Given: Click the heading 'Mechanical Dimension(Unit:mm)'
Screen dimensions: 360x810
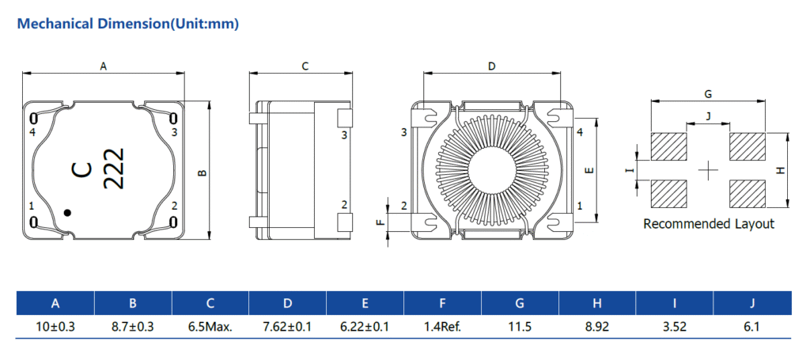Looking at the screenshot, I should [127, 24].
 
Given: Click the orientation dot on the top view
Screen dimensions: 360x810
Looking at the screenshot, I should [68, 212].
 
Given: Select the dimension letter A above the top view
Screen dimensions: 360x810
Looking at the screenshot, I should [103, 67].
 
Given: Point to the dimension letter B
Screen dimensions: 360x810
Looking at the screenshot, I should [202, 171].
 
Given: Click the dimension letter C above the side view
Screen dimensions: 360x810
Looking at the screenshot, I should [305, 67].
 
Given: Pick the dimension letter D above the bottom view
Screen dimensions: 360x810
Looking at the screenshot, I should [491, 67].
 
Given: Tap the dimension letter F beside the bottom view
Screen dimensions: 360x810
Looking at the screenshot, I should [379, 223].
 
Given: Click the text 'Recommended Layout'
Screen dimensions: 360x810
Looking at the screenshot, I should [708, 224].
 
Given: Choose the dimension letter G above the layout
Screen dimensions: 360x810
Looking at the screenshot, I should [707, 93].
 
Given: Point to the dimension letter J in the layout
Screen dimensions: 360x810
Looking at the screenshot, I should [708, 116].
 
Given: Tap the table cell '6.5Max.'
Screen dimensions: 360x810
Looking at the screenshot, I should [210, 326].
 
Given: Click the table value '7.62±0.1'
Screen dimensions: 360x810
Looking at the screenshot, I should [287, 326].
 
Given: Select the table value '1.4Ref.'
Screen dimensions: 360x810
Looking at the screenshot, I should [442, 326].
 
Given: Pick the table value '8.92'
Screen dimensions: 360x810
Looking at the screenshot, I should [597, 326].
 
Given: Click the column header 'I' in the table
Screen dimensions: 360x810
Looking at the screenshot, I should [675, 303].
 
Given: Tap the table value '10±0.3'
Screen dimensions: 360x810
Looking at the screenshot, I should [55, 326].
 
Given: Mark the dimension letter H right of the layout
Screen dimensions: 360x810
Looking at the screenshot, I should [781, 170].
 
